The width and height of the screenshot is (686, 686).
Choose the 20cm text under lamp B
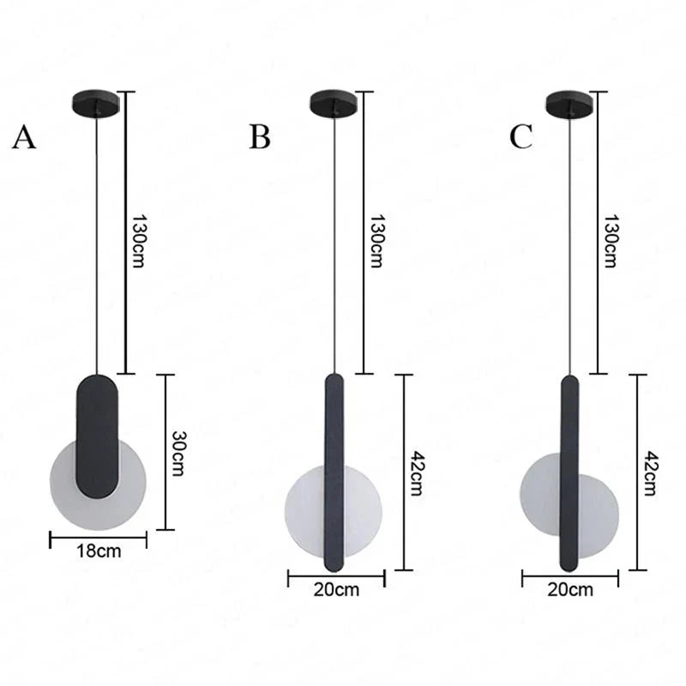(x=336, y=589)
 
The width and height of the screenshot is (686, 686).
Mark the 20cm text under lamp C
(x=570, y=589)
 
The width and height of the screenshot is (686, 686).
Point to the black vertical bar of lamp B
(x=334, y=472)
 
